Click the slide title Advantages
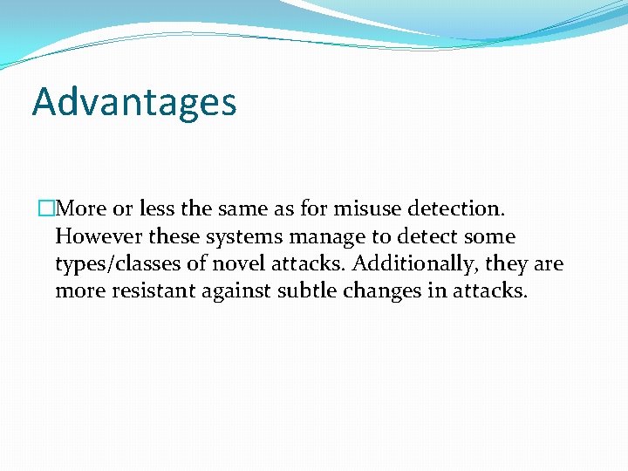134,103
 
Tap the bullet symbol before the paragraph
46,209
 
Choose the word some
490,236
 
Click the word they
507,263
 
